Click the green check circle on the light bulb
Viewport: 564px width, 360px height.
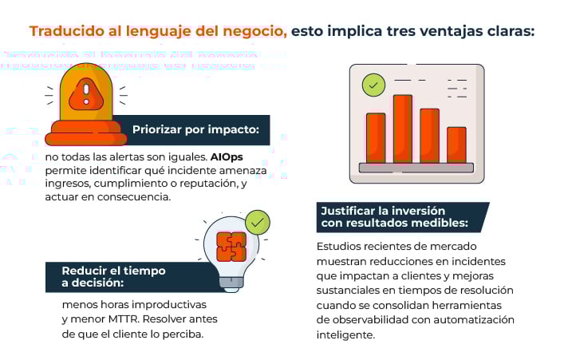click(x=257, y=223)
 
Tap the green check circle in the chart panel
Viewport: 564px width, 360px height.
click(x=373, y=84)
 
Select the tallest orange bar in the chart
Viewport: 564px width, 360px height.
click(x=403, y=128)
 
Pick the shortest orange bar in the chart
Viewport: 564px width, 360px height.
click(x=456, y=144)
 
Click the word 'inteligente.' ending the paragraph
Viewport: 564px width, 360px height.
click(x=345, y=334)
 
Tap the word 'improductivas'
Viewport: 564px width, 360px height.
click(x=169, y=306)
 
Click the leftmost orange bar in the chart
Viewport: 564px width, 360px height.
click(x=376, y=137)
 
